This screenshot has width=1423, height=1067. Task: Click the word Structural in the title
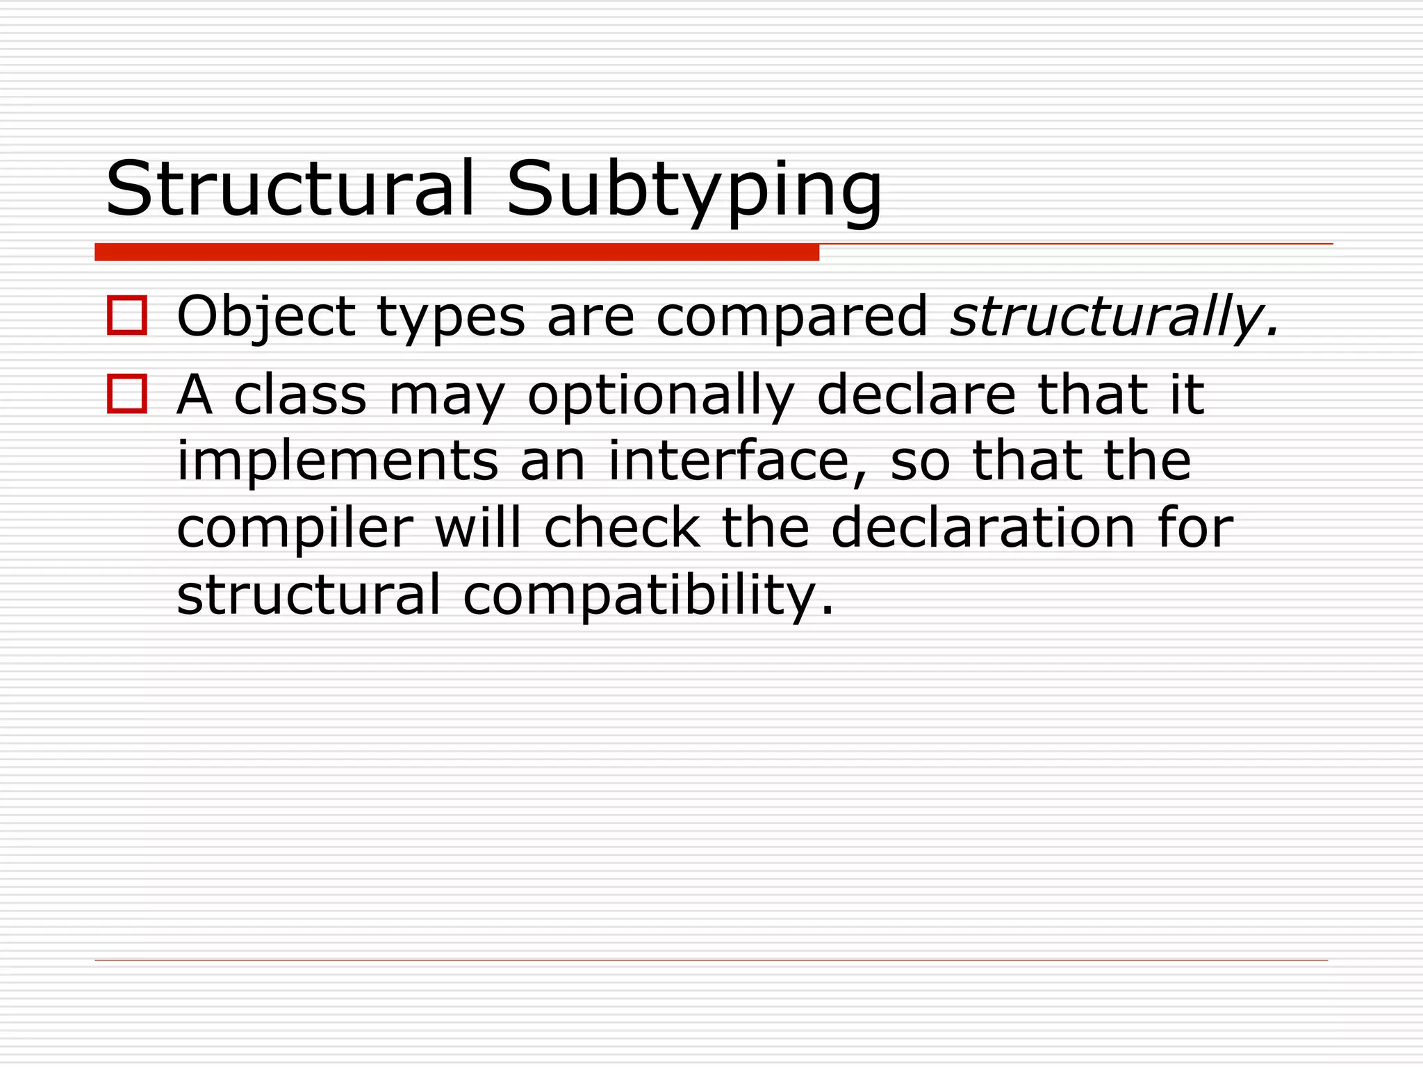[290, 189]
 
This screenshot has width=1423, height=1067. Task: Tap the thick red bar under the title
[456, 252]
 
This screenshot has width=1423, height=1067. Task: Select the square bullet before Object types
[127, 316]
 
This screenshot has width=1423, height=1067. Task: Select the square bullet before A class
[127, 394]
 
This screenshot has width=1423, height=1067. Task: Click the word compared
[791, 318]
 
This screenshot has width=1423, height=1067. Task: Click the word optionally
[660, 396]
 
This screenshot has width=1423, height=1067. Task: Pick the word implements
[338, 461]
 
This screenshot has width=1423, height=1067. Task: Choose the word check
[622, 528]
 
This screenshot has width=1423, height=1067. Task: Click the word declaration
[983, 528]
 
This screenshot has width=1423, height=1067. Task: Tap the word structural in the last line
[309, 595]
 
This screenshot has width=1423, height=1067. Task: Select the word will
[478, 528]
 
